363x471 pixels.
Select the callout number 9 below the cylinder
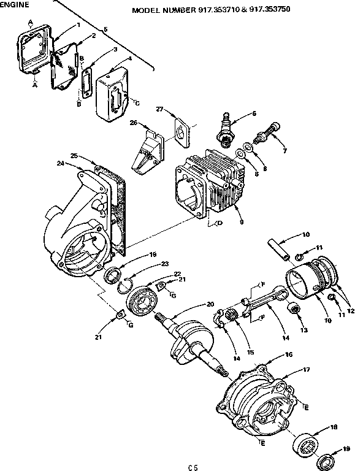[x=242, y=222]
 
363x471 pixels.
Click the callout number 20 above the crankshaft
[x=210, y=305]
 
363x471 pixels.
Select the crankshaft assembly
[x=190, y=343]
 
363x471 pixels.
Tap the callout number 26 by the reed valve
[x=132, y=123]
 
